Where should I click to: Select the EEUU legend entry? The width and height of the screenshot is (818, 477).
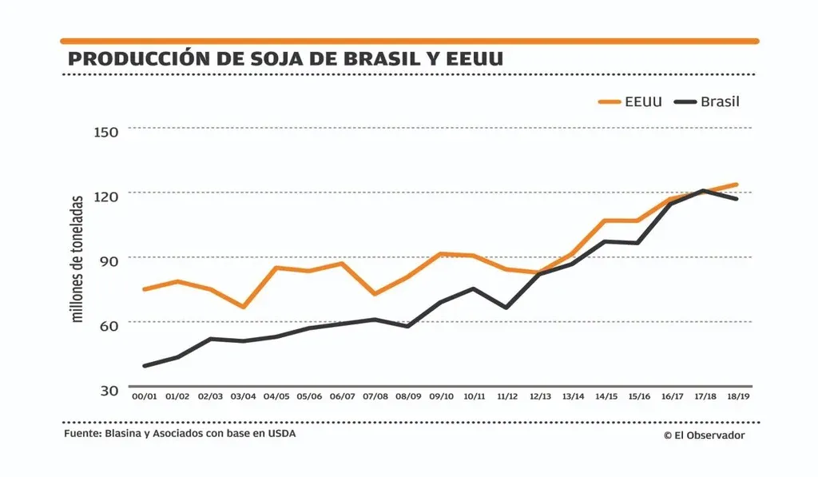click(631, 101)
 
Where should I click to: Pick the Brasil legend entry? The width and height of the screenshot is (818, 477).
click(708, 101)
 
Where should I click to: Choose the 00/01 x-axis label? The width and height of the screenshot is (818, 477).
click(144, 396)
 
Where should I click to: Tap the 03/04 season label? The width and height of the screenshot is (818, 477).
click(243, 396)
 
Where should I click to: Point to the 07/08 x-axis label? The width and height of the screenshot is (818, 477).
click(375, 396)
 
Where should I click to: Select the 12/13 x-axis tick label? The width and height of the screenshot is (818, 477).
click(540, 396)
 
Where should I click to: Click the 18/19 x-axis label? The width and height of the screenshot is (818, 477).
click(738, 396)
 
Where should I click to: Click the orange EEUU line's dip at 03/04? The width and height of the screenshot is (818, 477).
click(243, 307)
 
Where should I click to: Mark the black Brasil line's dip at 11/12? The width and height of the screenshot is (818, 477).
click(506, 307)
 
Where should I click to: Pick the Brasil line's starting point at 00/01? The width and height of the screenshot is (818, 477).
click(144, 366)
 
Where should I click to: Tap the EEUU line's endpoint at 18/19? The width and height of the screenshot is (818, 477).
click(737, 185)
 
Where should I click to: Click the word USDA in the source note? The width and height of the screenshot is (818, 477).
click(270, 434)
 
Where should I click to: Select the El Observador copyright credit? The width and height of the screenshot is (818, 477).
click(703, 435)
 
